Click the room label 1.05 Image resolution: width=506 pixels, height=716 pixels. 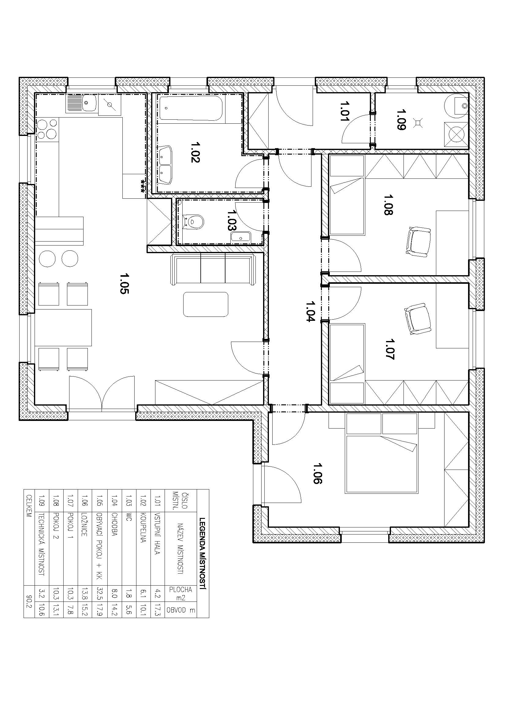coord(124,283)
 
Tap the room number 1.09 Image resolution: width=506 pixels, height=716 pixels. coord(401,119)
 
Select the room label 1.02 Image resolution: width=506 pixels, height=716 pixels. coord(195,152)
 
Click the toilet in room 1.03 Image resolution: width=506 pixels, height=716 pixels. coord(192,222)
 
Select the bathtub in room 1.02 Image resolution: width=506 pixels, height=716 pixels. coord(191,108)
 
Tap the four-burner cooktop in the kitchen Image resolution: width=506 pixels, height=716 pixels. coord(48,129)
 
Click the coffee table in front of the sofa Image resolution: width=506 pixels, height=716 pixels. coord(206,304)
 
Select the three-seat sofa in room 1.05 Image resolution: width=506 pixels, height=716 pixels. coord(213,269)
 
